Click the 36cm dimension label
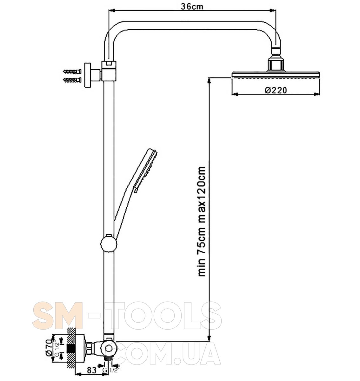192,7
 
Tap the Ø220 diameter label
276,90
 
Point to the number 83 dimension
91,371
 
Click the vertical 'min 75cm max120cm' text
202,222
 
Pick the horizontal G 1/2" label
111,370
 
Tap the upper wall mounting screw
72,71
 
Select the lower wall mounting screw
72,80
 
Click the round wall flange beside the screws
88,75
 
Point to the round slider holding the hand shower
109,243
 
